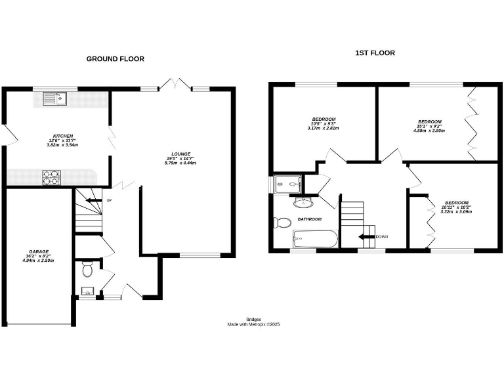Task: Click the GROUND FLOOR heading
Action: click(115, 59)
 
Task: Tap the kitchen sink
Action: click(52, 99)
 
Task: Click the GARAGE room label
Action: click(37, 254)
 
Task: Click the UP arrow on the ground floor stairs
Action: click(95, 200)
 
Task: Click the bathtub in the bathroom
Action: click(314, 238)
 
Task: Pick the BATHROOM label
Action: click(309, 219)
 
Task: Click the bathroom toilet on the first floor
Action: click(280, 222)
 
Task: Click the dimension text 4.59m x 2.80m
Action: click(430, 131)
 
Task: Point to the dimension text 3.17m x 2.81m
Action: click(323, 129)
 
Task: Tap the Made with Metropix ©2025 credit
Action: click(253, 324)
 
